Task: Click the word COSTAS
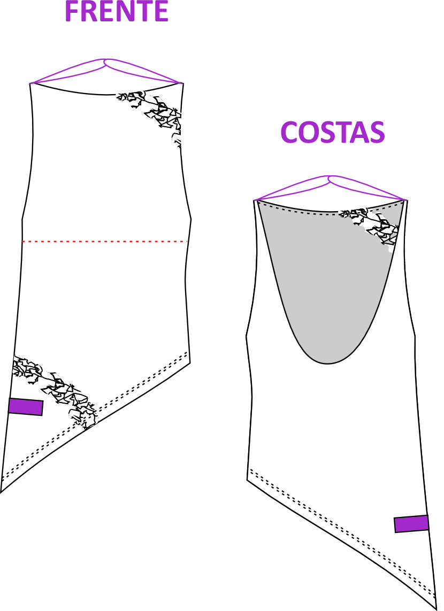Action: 333,132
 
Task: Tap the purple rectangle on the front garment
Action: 26,407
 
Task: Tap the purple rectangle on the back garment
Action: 412,524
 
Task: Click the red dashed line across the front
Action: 105,242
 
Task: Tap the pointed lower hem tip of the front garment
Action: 1,492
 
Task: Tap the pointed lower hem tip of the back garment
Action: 435,608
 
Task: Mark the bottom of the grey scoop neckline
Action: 327,363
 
